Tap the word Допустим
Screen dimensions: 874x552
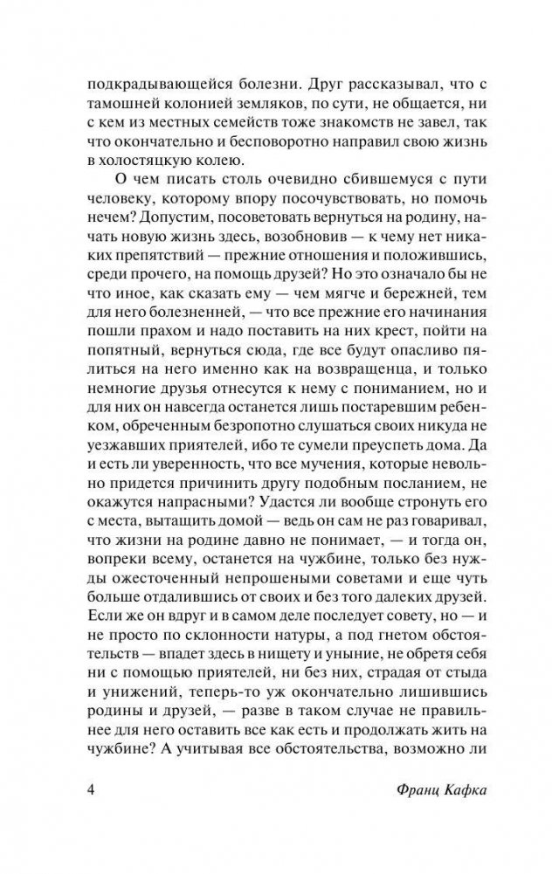[140, 224]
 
